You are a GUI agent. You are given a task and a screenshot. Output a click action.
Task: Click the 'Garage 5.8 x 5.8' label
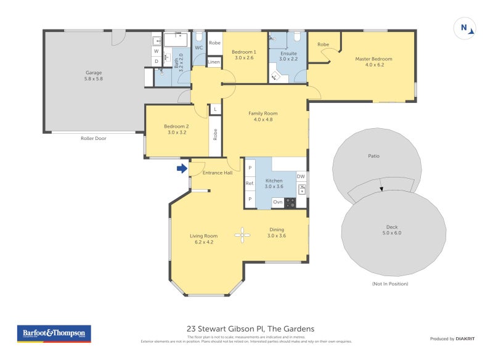pos(94,76)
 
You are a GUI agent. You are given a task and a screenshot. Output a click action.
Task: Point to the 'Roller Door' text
pos(94,139)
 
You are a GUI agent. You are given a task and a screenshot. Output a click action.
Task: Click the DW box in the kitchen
pos(301,177)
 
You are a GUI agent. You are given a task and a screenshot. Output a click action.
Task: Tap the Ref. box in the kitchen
pos(250,184)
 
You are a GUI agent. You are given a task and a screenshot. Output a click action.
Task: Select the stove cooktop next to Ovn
pos(290,202)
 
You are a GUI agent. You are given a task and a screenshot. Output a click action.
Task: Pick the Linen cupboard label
pos(214,62)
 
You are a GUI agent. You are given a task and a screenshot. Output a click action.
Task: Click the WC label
pos(198,47)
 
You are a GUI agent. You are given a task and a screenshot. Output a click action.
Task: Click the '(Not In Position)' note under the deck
pos(390,284)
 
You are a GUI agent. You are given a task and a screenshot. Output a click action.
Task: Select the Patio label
pos(373,156)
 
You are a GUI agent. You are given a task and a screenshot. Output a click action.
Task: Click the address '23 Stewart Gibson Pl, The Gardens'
pos(250,329)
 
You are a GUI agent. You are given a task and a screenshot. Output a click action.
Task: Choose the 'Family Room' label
pos(263,117)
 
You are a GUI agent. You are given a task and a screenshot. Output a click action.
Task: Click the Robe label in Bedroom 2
pos(215,134)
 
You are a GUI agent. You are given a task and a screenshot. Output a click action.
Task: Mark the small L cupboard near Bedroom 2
pos(215,109)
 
